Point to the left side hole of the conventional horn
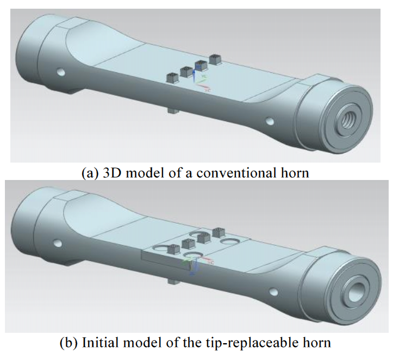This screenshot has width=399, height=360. (x=60, y=71)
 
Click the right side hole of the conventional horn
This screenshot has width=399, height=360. (x=269, y=121)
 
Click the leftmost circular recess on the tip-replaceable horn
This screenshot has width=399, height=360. (x=161, y=249)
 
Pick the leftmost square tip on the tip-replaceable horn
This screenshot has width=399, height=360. (x=173, y=250)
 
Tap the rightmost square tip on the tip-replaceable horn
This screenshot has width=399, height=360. (x=219, y=232)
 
